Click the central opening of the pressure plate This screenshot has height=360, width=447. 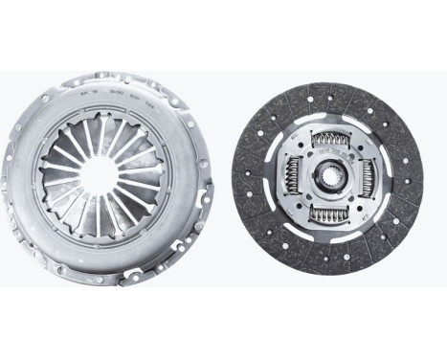(108, 178)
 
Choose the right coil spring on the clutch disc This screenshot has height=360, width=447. (369, 180)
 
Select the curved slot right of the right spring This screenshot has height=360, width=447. (385, 180)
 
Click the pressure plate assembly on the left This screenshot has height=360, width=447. (108, 178)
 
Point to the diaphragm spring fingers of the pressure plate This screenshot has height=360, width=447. (77, 153)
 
